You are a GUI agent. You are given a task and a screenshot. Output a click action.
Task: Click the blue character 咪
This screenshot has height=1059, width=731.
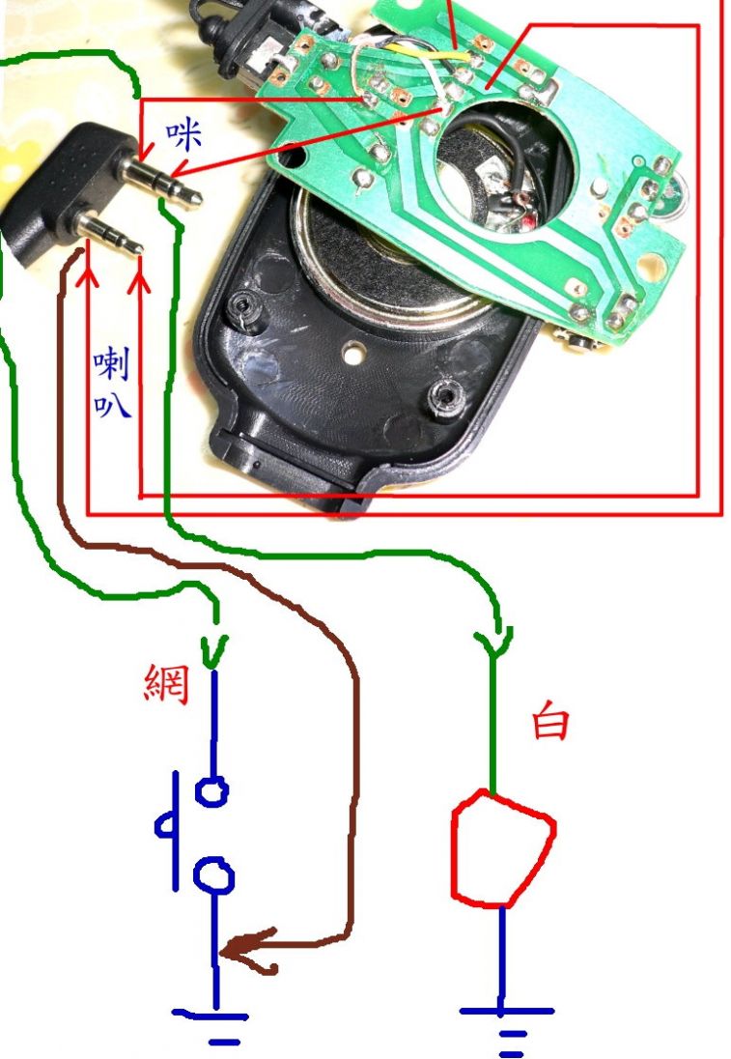pyautogui.click(x=183, y=136)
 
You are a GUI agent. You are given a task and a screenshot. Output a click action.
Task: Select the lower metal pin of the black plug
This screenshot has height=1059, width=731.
pyautogui.click(x=111, y=235)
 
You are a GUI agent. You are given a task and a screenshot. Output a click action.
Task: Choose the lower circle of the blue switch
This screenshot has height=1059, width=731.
pyautogui.click(x=214, y=876)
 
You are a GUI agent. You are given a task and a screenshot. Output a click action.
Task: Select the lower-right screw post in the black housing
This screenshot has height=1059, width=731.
pyautogui.click(x=445, y=396)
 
